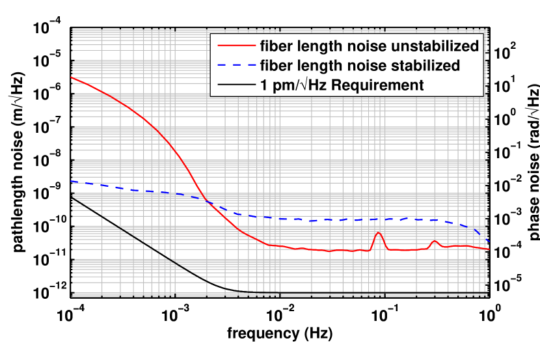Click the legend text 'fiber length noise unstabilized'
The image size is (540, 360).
coord(369,46)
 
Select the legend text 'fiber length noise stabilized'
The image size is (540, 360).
coord(360,65)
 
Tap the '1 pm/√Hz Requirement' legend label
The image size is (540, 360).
coord(342,85)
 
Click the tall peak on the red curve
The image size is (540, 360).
coord(379,232)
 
